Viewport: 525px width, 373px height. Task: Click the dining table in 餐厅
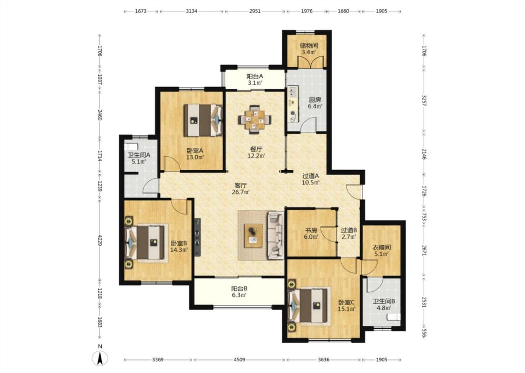pos(254,119)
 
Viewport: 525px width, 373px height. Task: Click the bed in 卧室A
pos(203,120)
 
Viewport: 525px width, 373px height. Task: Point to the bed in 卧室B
pos(145,242)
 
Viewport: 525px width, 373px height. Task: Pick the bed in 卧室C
pos(308,306)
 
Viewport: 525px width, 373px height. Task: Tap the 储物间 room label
pos(309,46)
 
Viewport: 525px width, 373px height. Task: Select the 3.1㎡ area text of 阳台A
pos(255,83)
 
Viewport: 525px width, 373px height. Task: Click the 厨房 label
pos(315,100)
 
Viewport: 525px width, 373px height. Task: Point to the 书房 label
pos(311,230)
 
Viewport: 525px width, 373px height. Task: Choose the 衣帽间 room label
pos(382,248)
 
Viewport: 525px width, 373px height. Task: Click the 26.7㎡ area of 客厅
pos(241,192)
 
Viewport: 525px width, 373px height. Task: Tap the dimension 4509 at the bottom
pos(239,359)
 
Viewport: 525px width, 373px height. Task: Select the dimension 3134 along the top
pos(191,11)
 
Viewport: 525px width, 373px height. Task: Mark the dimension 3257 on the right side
pos(424,101)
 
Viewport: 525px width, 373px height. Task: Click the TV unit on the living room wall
pos(197,237)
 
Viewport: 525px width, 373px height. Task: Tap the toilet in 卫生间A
pos(131,146)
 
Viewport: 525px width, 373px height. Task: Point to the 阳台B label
pos(239,289)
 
